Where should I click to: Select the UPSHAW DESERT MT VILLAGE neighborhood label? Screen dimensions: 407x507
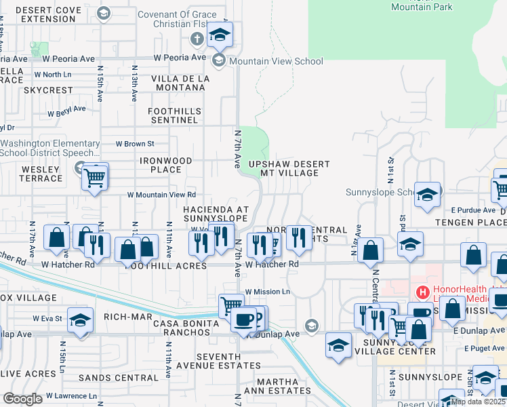click(289, 168)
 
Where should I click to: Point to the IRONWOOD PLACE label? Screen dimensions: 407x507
click(165, 165)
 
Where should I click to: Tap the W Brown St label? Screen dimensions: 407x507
click(135, 144)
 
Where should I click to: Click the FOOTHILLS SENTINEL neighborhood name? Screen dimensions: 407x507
click(174, 115)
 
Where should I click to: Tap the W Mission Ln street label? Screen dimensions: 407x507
click(267, 292)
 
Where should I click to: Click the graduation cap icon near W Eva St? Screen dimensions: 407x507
click(81, 321)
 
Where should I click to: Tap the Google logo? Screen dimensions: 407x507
click(23, 399)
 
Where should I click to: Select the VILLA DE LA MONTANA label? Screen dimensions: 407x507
click(180, 83)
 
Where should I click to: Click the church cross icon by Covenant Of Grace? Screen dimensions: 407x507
click(197, 37)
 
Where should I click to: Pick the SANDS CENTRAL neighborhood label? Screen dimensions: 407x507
click(118, 378)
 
